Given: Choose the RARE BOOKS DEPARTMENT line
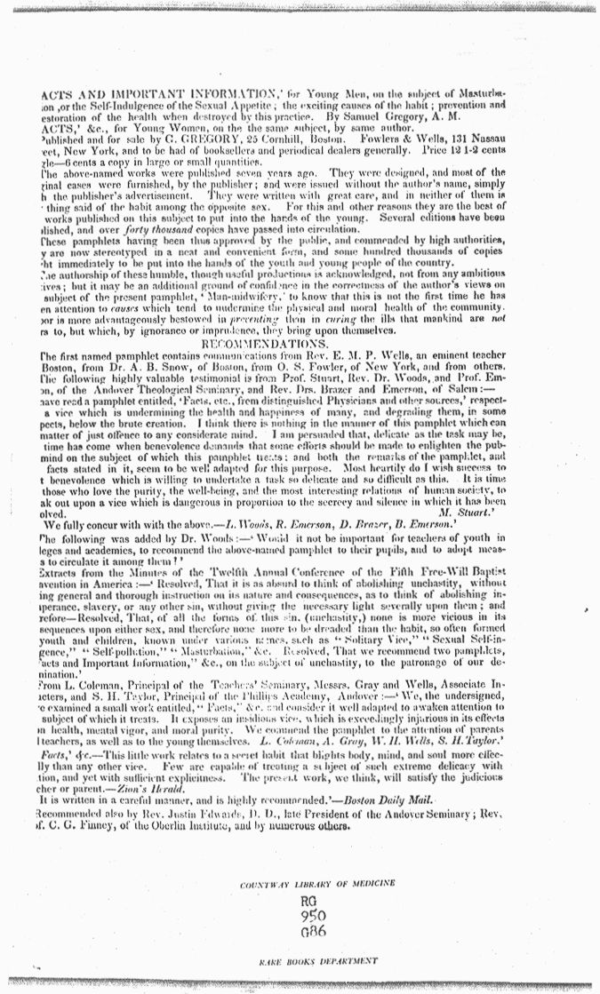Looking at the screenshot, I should (x=300, y=960).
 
